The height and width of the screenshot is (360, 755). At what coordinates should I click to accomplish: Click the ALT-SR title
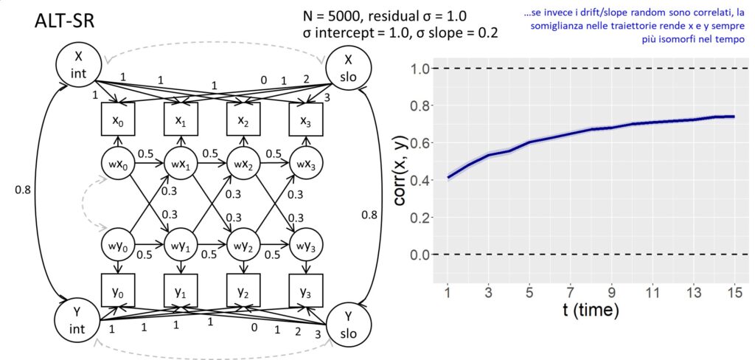[63, 22]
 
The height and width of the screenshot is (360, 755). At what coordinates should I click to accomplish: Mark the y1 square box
[180, 289]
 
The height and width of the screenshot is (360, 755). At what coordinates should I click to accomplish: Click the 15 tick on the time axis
[732, 291]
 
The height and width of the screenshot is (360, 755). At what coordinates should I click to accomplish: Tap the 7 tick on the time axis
[570, 291]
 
